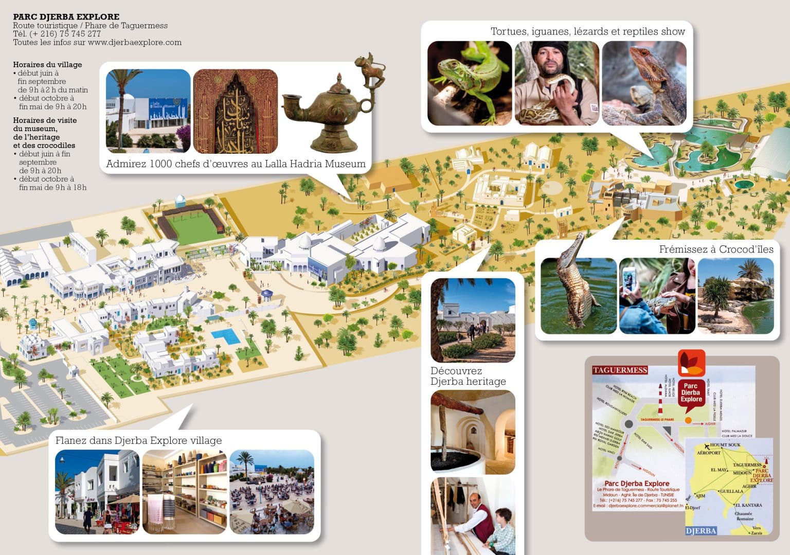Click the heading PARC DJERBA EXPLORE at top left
pyautogui.click(x=66, y=17)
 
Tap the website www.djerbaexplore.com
pyautogui.click(x=134, y=43)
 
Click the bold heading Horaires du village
pyautogui.click(x=47, y=65)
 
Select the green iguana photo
pyautogui.click(x=470, y=83)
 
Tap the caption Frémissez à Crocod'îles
pyautogui.click(x=716, y=249)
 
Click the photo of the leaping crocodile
pyautogui.click(x=579, y=295)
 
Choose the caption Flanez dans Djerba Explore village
pyautogui.click(x=138, y=441)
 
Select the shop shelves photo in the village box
pyautogui.click(x=185, y=492)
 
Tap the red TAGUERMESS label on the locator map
pyautogui.click(x=620, y=370)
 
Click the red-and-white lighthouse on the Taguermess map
pyautogui.click(x=660, y=399)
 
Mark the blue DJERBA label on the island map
pyautogui.click(x=701, y=530)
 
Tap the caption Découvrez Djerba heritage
pyautogui.click(x=468, y=376)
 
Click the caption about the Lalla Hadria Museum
pyautogui.click(x=236, y=164)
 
